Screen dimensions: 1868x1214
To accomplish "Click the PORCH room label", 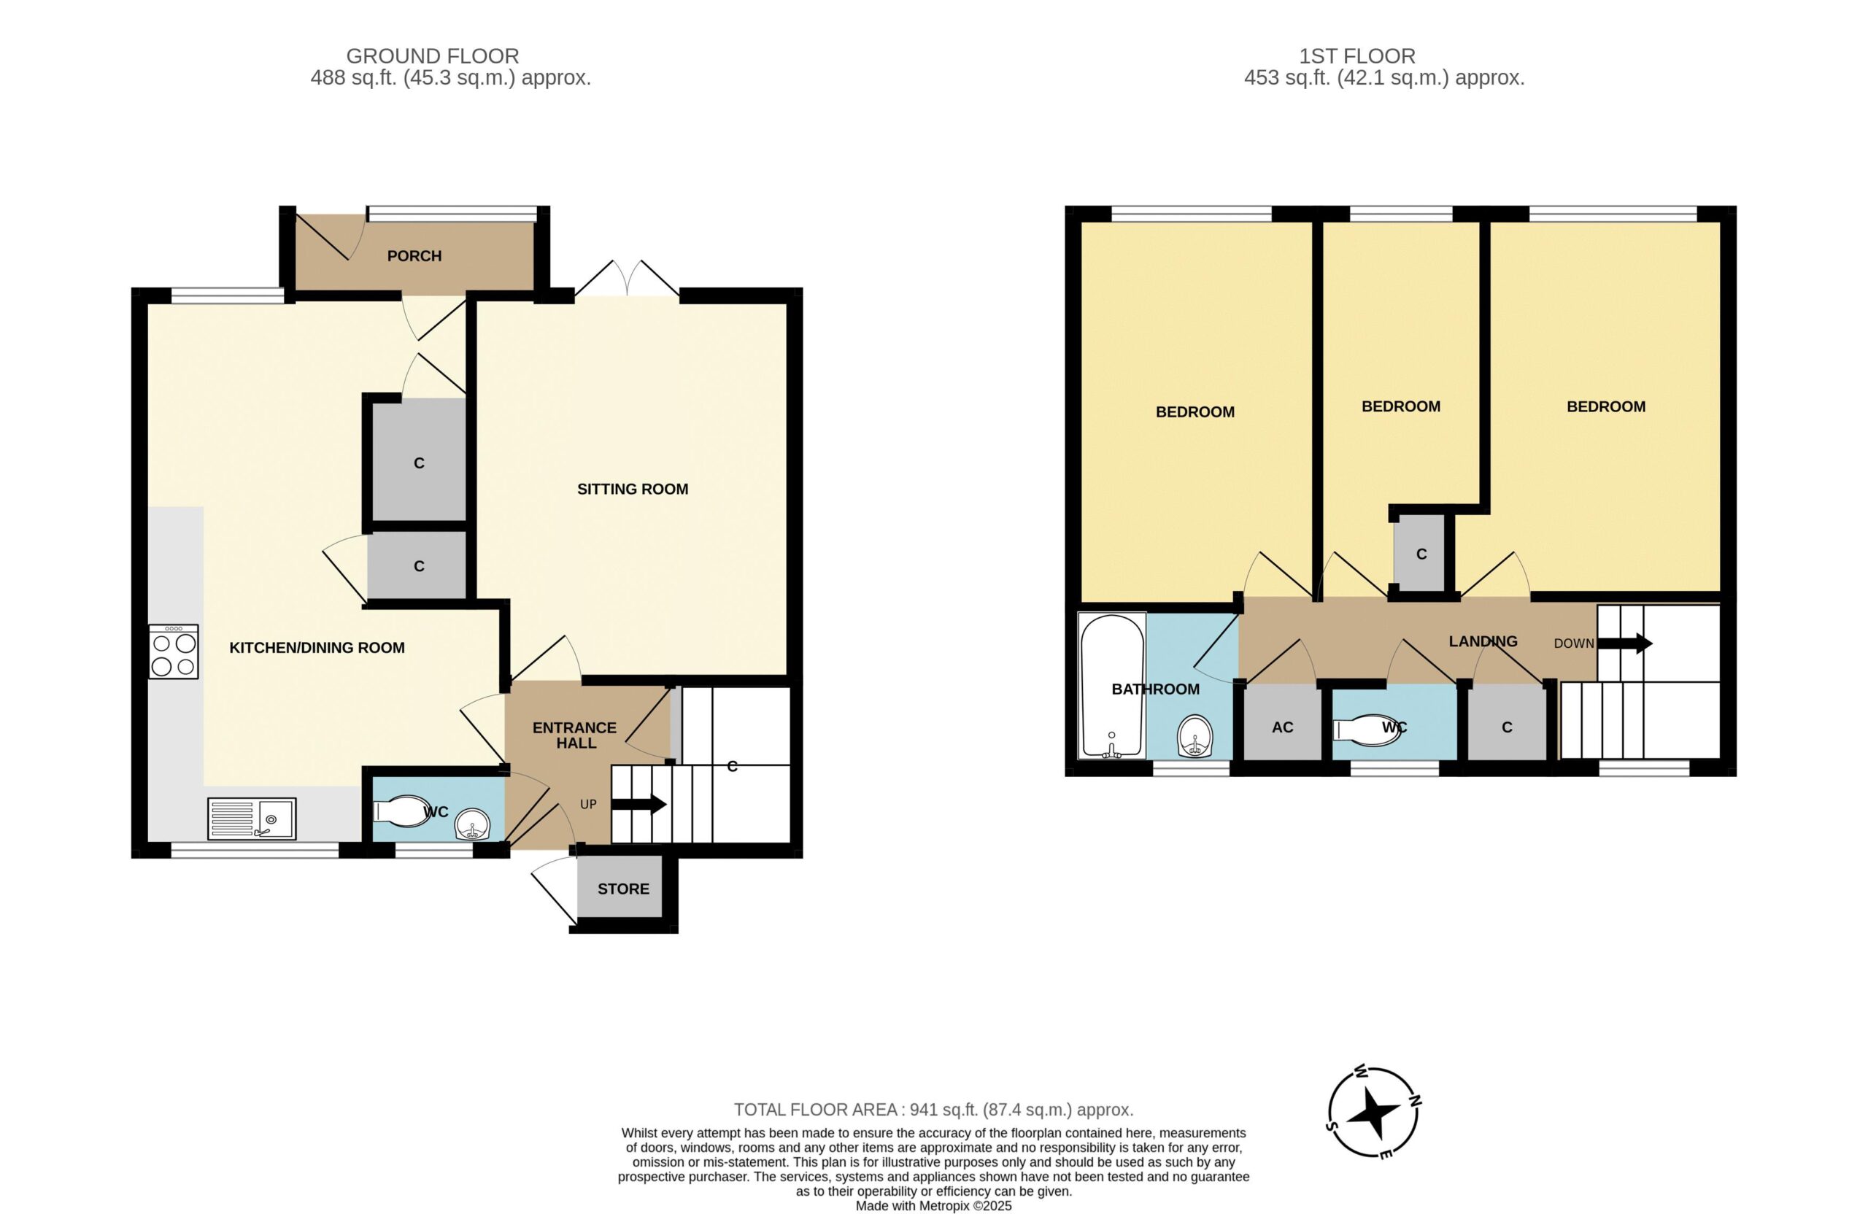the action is pyautogui.click(x=414, y=256).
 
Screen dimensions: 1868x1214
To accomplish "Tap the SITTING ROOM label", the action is pyautogui.click(x=633, y=489).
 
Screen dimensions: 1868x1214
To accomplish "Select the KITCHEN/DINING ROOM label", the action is pyautogui.click(x=317, y=647).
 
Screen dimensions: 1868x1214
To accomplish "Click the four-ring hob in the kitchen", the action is pyautogui.click(x=174, y=652).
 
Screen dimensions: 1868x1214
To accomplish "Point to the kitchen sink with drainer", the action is pyautogui.click(x=252, y=819).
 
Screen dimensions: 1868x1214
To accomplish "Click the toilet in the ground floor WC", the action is pyautogui.click(x=404, y=811).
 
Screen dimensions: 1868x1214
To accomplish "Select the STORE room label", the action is pyautogui.click(x=623, y=889).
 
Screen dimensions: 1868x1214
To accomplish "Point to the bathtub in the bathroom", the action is pyautogui.click(x=1111, y=686).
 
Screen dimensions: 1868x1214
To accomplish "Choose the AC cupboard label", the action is pyautogui.click(x=1283, y=727).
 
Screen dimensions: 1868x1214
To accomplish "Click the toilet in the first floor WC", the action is pyautogui.click(x=1366, y=727).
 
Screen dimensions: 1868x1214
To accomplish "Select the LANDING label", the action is pyautogui.click(x=1483, y=641).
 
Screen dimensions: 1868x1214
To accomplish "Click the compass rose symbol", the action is pyautogui.click(x=1374, y=1112).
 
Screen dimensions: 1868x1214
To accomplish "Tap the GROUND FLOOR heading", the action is pyautogui.click(x=433, y=56).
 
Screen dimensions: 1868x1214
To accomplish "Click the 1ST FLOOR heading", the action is pyautogui.click(x=1357, y=56).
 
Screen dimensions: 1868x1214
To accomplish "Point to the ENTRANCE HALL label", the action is pyautogui.click(x=575, y=735).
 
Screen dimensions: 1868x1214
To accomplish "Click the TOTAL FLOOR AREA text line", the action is pyautogui.click(x=933, y=1110).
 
